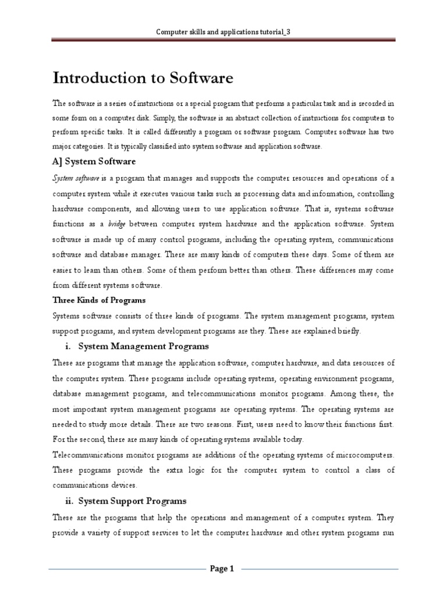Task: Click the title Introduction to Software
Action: (x=143, y=78)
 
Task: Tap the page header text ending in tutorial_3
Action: (x=223, y=32)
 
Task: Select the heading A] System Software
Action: (x=94, y=161)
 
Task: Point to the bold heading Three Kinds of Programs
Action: (x=99, y=300)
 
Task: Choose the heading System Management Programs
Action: (x=143, y=346)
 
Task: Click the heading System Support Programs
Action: (x=132, y=501)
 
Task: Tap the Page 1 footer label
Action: (x=222, y=569)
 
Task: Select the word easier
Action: (x=64, y=270)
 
